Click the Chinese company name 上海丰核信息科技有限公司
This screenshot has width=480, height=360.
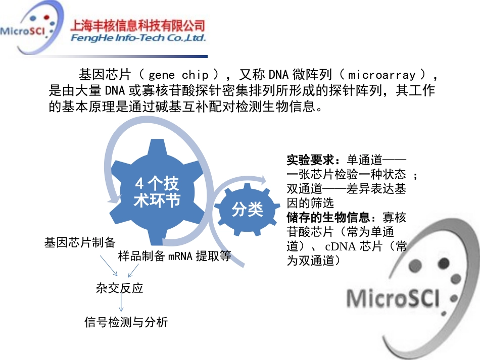139,25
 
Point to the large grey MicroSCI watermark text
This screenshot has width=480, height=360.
393,297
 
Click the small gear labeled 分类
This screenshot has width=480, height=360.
247,209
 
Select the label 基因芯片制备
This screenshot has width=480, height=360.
80,242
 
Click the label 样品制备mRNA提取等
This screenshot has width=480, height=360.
174,256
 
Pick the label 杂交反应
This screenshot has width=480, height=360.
119,288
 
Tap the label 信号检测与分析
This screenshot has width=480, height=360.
126,322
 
